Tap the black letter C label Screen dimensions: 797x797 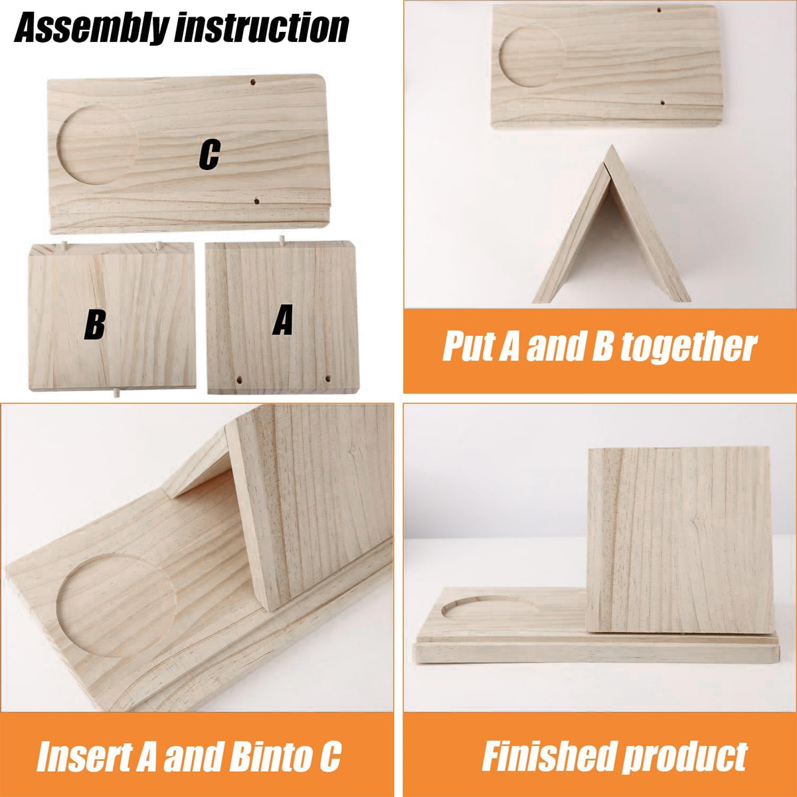coord(209,155)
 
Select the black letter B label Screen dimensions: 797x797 coord(95,325)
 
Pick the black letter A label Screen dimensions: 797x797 coord(283,319)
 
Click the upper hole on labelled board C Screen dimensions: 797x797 coord(252,82)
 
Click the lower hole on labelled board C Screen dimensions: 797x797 coord(256,203)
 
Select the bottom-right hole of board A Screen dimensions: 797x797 coord(328,378)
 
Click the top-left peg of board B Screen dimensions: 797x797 coord(64,246)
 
